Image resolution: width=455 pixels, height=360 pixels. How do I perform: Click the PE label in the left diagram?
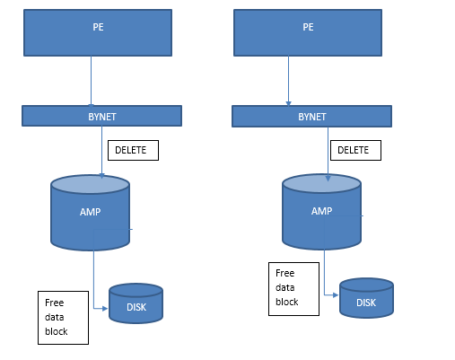98,27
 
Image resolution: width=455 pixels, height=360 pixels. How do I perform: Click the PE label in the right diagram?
308,27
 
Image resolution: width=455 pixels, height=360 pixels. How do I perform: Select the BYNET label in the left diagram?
102,117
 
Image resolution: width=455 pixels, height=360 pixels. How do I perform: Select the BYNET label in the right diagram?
312,117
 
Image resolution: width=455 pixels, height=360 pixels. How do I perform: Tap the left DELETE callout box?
133,150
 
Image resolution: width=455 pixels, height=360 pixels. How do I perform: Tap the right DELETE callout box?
355,150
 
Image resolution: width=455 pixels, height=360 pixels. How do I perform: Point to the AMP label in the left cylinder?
90,212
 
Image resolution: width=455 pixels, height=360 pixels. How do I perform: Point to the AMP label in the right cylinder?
321,211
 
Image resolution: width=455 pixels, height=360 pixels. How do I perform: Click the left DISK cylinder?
136,303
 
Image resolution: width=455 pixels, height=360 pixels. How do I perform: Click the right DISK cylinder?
366,298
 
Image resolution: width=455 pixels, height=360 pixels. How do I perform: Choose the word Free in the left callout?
55,303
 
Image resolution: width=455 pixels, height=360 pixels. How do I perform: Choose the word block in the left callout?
57,331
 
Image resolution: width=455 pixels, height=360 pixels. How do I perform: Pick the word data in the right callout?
285,287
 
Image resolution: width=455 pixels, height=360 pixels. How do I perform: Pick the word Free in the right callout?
285,273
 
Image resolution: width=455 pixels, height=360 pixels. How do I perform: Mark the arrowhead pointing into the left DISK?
105,308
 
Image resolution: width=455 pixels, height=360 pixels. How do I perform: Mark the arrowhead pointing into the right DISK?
336,295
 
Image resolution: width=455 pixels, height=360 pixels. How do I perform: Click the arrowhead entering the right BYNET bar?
288,103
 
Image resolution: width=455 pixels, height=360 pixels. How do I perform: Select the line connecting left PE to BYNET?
91,81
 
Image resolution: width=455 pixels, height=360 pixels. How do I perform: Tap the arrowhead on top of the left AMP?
102,176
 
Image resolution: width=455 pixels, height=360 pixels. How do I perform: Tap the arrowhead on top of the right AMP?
328,179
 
